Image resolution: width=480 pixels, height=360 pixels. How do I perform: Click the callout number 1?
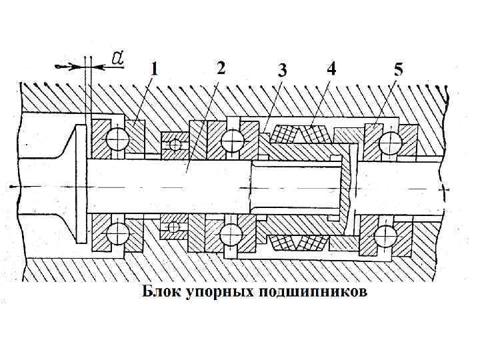point(154,69)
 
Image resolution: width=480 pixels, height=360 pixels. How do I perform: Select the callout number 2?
point(220,67)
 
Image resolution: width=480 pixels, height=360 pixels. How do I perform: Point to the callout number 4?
point(331,68)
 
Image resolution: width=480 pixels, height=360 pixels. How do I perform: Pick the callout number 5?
point(398,69)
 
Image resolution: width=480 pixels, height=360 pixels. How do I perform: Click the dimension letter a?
point(117,59)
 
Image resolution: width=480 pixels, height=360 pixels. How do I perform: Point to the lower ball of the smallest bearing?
point(174,227)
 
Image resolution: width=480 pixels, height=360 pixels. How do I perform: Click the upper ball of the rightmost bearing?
point(389,141)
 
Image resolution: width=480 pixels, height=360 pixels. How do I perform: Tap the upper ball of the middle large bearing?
point(232,139)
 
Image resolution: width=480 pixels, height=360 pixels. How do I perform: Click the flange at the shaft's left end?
point(79,185)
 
